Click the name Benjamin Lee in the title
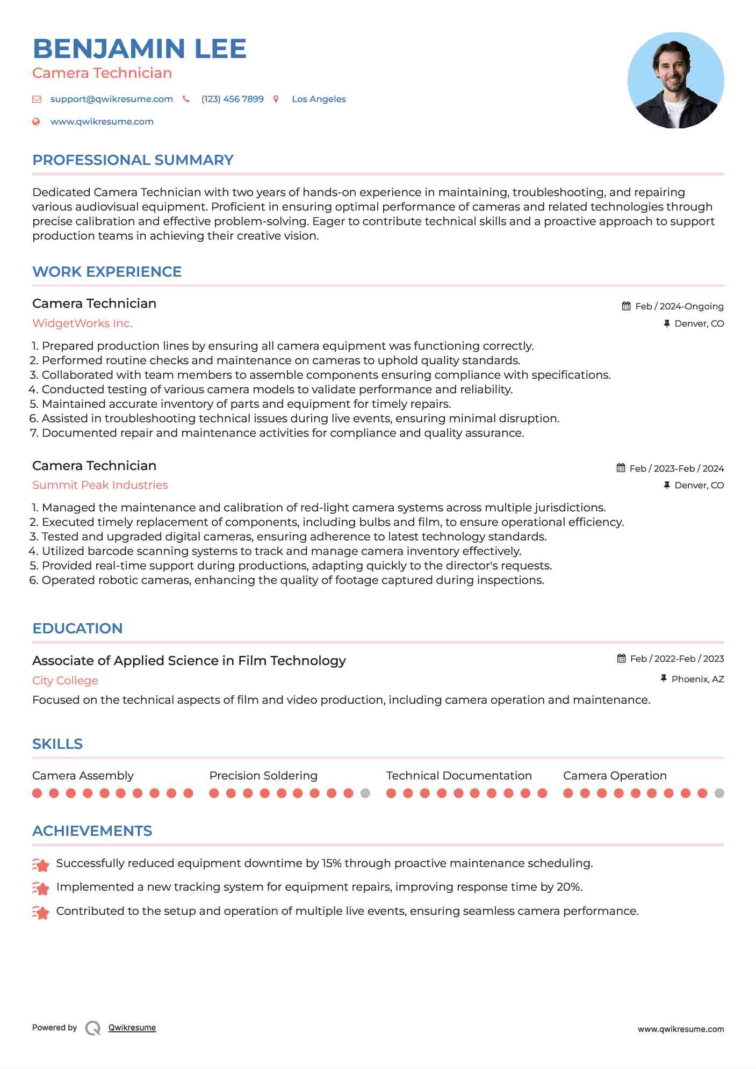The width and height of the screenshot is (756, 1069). coord(139,49)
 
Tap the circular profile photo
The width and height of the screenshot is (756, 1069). coord(675,81)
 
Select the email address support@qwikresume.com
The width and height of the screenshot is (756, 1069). coord(111,99)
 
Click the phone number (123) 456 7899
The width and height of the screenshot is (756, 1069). coord(232,99)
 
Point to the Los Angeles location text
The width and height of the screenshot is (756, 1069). coord(319,99)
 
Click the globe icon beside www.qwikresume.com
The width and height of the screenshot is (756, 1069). coord(36,122)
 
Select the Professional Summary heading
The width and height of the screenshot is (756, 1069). coord(133,160)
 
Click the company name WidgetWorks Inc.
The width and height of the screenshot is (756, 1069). coord(82,323)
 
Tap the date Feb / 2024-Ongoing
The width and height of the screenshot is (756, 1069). coord(679,306)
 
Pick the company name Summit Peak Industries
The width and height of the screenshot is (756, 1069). coord(100,485)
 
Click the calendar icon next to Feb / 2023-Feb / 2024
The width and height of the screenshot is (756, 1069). coord(621,468)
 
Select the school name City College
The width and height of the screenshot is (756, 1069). coord(65,681)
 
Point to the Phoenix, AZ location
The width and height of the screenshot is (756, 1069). coord(697,679)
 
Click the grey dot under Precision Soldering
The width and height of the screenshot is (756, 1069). coord(365,793)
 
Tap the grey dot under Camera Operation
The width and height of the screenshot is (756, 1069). coord(719,793)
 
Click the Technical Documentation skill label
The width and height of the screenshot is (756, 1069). coord(459,776)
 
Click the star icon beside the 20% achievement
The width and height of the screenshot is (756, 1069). coord(41,888)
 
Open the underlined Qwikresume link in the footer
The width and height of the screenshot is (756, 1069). coord(132,1028)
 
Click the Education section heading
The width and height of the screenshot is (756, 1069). coord(77,629)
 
